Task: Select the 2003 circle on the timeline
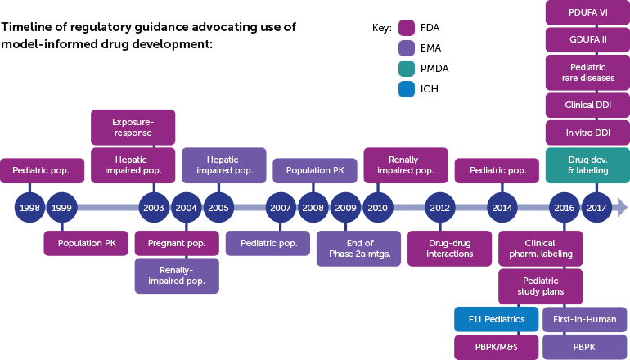coord(154,208)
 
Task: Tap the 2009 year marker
coord(345,208)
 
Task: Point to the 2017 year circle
coord(596,208)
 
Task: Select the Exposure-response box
coord(133,128)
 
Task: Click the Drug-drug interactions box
coord(451,248)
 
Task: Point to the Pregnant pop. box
coord(177,243)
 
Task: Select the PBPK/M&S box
coord(497,347)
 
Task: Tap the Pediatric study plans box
coord(541,286)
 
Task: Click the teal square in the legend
coord(407,69)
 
